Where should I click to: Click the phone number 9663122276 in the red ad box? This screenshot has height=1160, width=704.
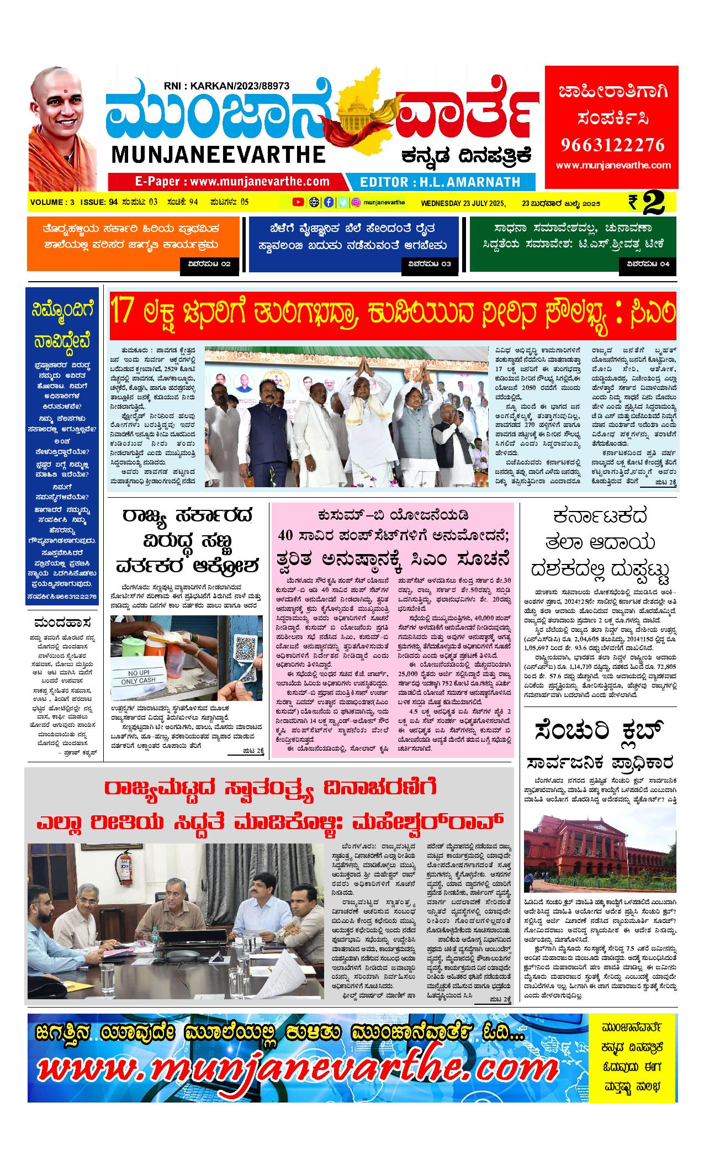612,145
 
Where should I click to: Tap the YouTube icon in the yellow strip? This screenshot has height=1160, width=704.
298,202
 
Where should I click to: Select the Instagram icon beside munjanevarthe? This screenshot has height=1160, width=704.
357,202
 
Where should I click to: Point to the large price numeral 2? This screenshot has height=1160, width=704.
653,203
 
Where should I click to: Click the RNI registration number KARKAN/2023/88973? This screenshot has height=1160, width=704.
227,86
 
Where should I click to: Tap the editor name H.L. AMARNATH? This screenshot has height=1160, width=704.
440,182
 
